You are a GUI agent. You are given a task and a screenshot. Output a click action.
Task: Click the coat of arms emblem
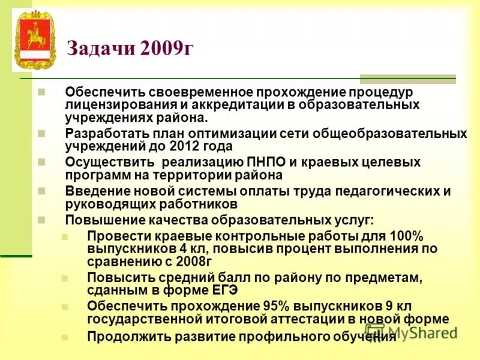[x=35, y=40]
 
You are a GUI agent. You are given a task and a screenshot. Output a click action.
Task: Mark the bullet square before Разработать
[x=41, y=132]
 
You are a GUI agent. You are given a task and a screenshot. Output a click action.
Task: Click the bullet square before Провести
[x=65, y=235]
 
